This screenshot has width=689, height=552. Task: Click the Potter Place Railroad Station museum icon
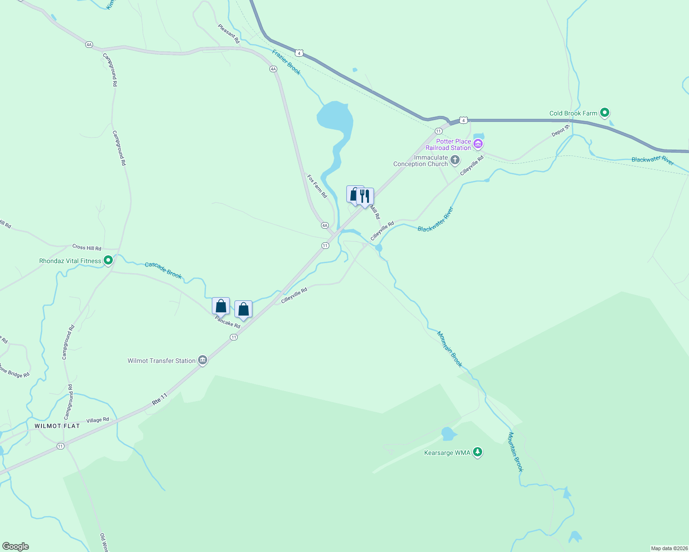coord(478,144)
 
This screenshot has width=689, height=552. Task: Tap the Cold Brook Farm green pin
coord(605,113)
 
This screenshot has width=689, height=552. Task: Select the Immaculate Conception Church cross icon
coord(455,161)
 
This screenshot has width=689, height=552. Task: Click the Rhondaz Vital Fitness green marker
coord(108,261)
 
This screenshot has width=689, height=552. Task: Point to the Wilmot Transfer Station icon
coord(203,361)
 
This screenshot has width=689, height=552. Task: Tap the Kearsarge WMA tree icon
coord(478,453)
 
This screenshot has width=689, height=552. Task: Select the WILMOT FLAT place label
coord(57,426)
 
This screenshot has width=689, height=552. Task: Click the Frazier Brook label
coord(286,62)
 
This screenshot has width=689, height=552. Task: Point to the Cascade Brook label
coord(163,270)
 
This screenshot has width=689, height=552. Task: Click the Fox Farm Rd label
coord(317,186)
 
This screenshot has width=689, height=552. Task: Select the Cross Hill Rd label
coord(87,247)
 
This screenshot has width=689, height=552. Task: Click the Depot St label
coord(561,131)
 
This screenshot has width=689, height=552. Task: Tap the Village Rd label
coord(98,420)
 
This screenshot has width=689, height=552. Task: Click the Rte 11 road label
coord(160,399)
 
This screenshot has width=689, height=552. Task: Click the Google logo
coord(16,546)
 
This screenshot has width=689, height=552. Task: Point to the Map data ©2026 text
coord(668,548)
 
